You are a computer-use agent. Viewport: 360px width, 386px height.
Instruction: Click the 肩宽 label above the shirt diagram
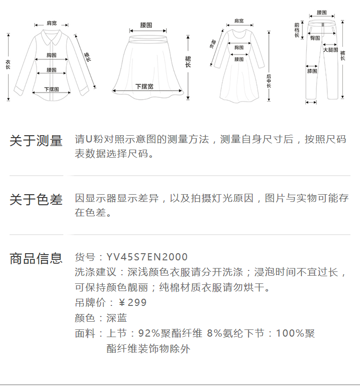(x=51, y=23)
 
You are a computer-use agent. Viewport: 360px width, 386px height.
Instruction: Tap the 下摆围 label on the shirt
(x=51, y=89)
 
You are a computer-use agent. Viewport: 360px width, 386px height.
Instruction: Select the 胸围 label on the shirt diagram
(x=52, y=55)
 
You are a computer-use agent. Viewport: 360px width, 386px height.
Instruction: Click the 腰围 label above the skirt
(x=146, y=24)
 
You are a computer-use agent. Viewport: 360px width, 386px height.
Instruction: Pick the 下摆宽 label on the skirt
(x=144, y=86)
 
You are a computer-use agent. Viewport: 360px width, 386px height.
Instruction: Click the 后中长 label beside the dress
(x=269, y=81)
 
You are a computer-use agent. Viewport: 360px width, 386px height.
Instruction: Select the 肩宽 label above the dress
(x=239, y=21)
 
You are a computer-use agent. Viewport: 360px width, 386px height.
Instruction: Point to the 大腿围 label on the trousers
(x=330, y=50)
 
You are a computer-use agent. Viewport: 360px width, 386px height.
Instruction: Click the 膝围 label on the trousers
(x=312, y=71)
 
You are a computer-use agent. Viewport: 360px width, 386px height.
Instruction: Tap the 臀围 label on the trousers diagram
(x=315, y=38)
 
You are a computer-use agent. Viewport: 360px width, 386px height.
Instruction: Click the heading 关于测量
(x=36, y=141)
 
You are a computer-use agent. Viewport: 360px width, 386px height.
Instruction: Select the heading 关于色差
(x=36, y=200)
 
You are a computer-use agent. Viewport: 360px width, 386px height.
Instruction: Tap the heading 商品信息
(x=36, y=258)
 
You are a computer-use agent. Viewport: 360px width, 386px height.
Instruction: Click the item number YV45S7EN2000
(x=147, y=257)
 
